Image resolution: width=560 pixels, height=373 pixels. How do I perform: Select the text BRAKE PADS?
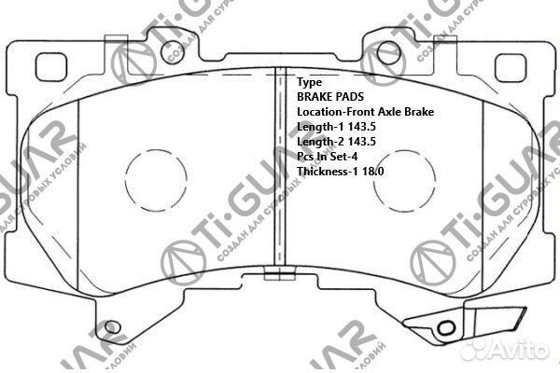[332, 97]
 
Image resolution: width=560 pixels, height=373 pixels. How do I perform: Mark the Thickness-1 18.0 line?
[340, 172]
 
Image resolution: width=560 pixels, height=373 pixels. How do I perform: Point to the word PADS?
[354, 97]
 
